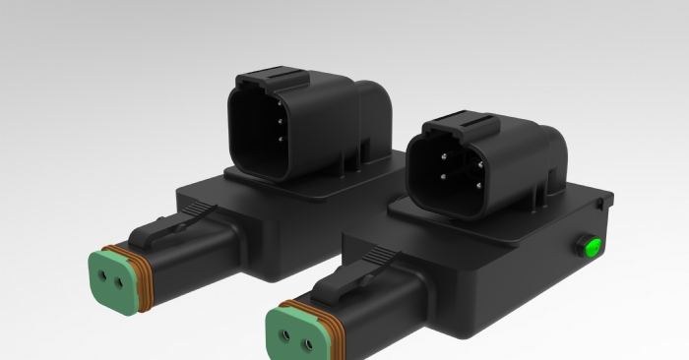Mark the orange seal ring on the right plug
click(329, 324)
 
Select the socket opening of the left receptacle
click(260, 135)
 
